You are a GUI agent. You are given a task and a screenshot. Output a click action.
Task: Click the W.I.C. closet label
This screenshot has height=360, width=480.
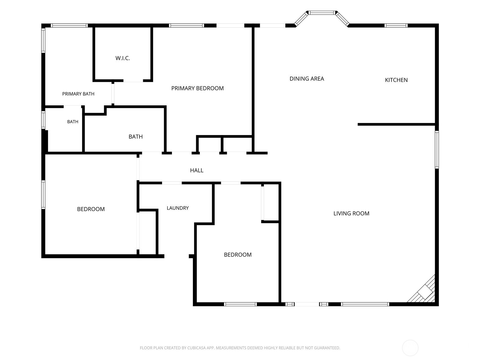click(x=123, y=58)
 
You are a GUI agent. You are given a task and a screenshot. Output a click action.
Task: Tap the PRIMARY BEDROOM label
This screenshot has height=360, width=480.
click(x=197, y=88)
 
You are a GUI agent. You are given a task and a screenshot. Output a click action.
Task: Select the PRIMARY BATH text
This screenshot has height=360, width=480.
click(x=78, y=94)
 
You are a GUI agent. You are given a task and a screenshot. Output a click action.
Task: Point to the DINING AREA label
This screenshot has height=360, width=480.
click(x=307, y=79)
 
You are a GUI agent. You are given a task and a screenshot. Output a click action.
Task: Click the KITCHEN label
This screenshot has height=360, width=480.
click(x=396, y=80)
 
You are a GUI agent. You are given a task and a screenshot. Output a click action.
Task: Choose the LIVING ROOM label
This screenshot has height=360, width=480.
click(x=351, y=213)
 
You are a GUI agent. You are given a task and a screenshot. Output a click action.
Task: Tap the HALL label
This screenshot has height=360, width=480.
click(x=196, y=170)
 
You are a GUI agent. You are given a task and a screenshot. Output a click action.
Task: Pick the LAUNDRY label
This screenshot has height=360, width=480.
click(x=178, y=208)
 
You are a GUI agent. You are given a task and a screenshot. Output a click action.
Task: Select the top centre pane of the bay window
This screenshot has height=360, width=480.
click(x=322, y=13)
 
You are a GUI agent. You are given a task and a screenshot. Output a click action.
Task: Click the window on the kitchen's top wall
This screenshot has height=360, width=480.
click(x=396, y=25)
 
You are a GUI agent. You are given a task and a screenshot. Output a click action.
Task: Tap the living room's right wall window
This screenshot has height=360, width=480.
click(x=437, y=149)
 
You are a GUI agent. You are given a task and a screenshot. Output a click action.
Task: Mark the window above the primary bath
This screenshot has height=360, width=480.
click(x=69, y=25)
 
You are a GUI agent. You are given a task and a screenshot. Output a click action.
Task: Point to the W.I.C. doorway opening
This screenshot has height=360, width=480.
click(x=133, y=81)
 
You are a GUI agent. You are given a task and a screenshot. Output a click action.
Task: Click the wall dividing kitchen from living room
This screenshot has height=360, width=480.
click(x=396, y=124)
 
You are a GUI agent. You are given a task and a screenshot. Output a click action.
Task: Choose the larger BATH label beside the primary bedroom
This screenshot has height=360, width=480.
click(x=136, y=136)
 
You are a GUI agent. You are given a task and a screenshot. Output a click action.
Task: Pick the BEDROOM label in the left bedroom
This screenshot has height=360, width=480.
click(x=91, y=209)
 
